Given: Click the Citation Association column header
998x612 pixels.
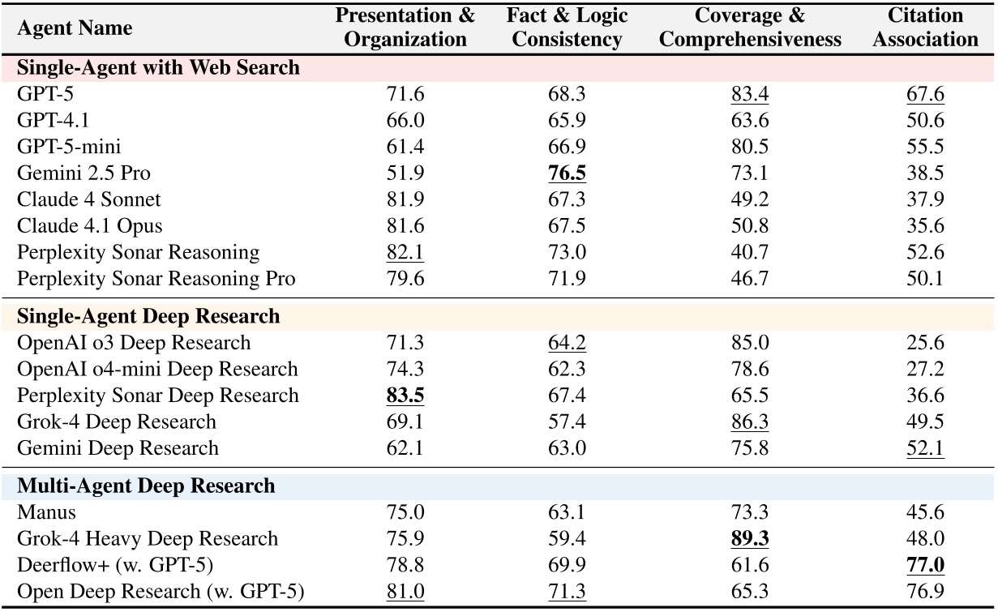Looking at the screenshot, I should (x=924, y=28).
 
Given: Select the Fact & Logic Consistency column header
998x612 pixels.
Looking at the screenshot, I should (x=567, y=28).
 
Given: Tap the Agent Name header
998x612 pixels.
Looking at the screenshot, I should (x=74, y=29).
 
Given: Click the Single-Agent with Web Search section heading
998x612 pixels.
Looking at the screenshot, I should (x=159, y=68).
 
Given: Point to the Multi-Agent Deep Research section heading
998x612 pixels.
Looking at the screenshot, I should (x=146, y=486).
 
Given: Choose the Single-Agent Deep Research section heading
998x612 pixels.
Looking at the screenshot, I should (x=148, y=316).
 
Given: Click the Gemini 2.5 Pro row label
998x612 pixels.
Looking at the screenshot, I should (x=84, y=173).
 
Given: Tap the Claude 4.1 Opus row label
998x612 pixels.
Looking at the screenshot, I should (x=89, y=226).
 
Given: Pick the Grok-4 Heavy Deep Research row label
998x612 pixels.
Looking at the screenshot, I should (x=148, y=539).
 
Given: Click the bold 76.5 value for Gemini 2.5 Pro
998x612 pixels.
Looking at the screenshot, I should (x=567, y=173).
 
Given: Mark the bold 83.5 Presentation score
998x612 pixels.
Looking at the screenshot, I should (x=405, y=396).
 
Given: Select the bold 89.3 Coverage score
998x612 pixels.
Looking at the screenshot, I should (x=749, y=539).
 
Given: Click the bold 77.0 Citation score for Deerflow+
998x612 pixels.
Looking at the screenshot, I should (x=924, y=566).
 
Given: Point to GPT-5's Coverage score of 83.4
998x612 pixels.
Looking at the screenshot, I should (x=749, y=94).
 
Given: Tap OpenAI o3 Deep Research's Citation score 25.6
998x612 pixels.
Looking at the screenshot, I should (x=924, y=343).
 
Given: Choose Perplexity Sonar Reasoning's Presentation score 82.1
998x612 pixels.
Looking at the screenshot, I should (x=405, y=252).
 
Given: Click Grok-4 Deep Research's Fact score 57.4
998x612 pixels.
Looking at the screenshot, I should (x=567, y=422).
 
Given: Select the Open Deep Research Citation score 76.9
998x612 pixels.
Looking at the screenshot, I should (x=924, y=592).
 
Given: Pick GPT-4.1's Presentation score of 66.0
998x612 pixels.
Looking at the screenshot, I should (x=405, y=121).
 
